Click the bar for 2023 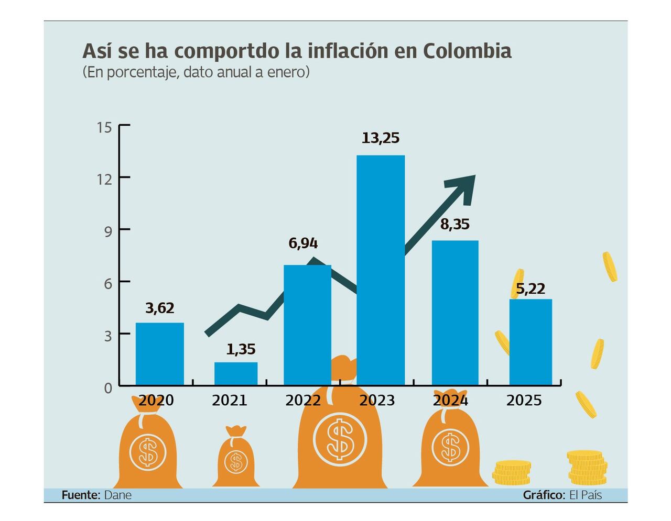tap(381, 270)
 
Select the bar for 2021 tap(236, 373)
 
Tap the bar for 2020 tap(160, 354)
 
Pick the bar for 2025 tap(531, 342)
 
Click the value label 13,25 tap(381, 138)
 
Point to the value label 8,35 tap(454, 225)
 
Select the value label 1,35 tap(241, 349)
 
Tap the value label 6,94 tap(303, 243)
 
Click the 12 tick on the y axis tap(104, 179)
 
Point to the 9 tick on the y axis tap(107, 231)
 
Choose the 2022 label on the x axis tap(303, 401)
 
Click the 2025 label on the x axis tap(524, 401)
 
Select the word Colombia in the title tap(467, 51)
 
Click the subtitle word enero tap(288, 72)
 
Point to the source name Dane tap(117, 495)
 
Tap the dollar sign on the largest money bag tap(340, 439)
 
